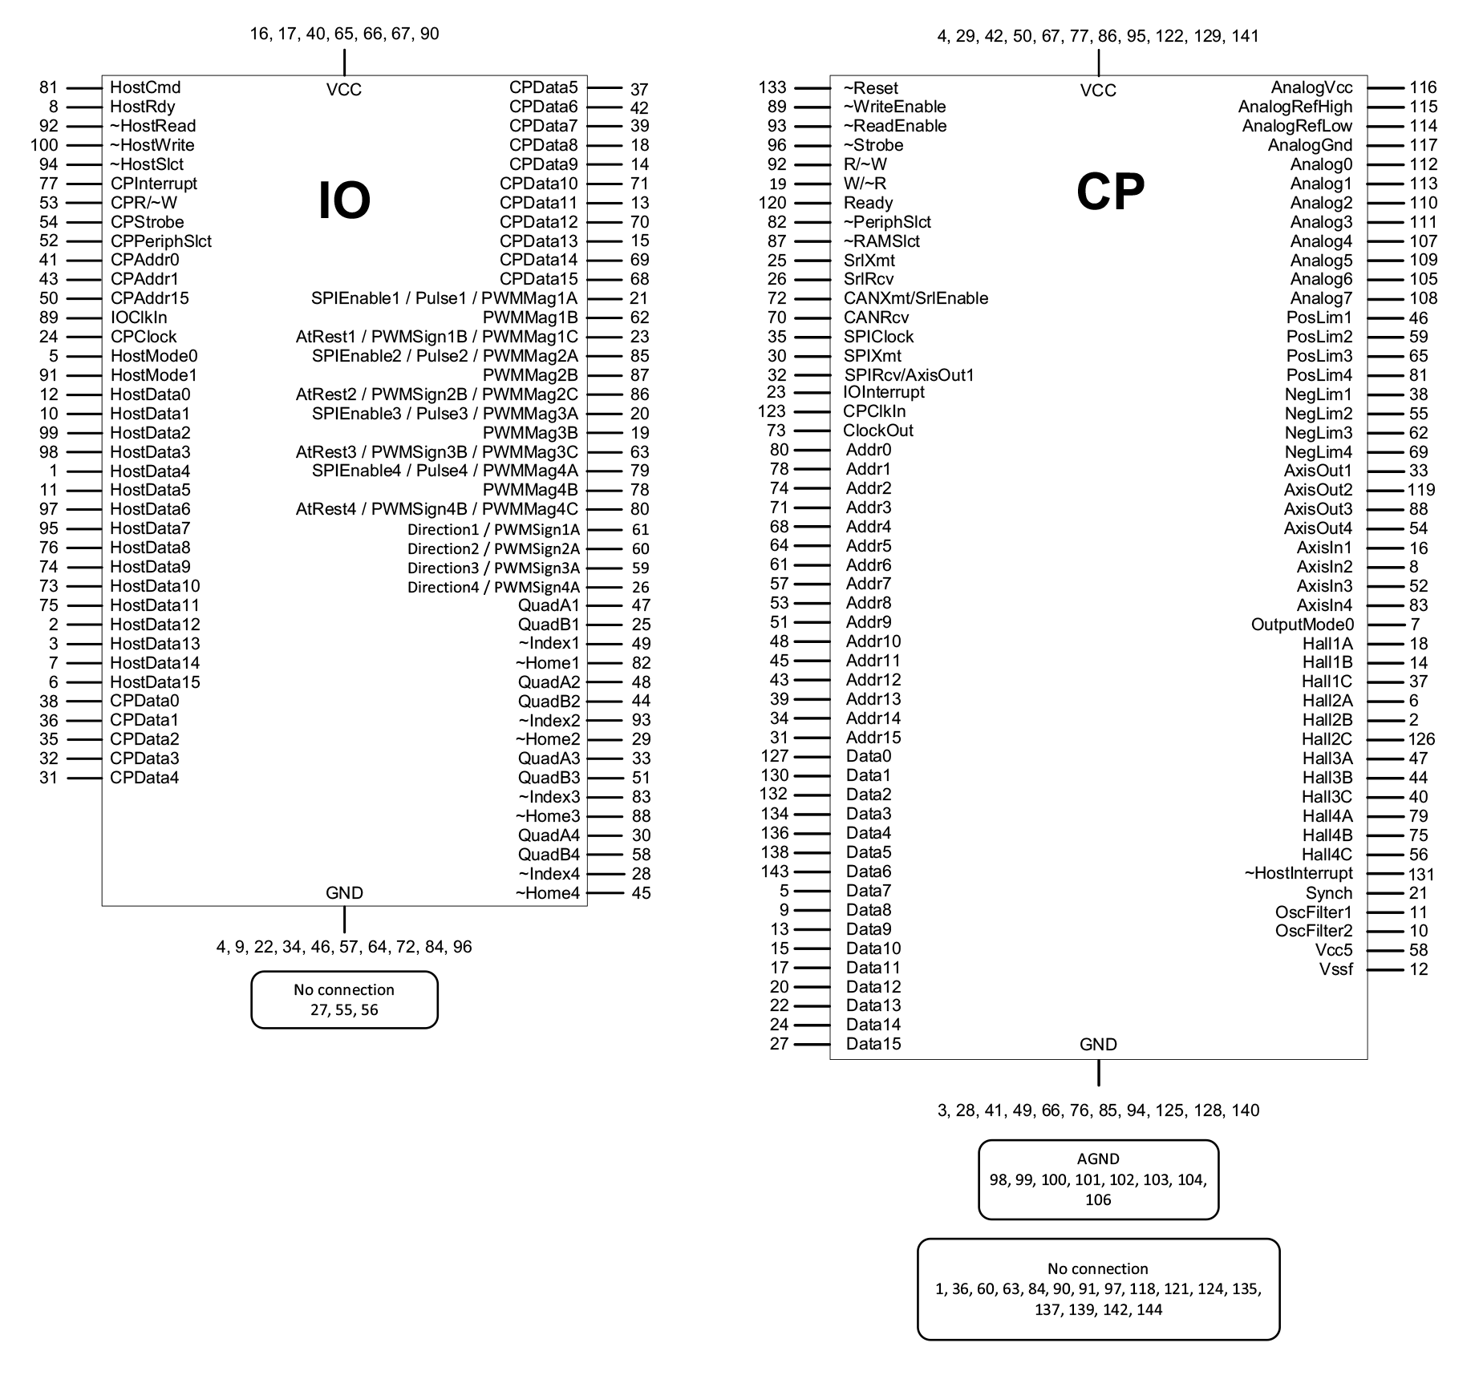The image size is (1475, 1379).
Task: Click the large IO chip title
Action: click(x=344, y=200)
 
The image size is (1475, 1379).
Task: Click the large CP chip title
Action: click(x=1109, y=192)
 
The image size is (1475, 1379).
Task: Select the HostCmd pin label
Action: click(x=145, y=87)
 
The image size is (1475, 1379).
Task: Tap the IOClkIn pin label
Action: click(x=139, y=317)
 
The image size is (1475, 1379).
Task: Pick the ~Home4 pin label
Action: click(x=547, y=893)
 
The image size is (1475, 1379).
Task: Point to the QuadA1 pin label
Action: click(x=549, y=605)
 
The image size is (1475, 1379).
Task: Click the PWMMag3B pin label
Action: click(x=530, y=433)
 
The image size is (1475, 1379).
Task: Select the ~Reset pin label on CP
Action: click(x=870, y=88)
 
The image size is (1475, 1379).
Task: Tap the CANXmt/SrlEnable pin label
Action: click(x=915, y=298)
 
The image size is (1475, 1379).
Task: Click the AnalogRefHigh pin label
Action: click(x=1295, y=107)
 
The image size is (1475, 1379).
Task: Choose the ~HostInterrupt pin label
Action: click(x=1298, y=873)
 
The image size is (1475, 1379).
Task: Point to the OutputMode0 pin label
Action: click(x=1302, y=625)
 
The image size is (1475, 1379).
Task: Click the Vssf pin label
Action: click(x=1335, y=969)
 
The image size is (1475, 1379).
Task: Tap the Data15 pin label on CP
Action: click(x=873, y=1044)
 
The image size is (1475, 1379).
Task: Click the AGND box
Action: click(x=1098, y=1179)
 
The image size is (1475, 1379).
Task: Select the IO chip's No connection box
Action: click(x=344, y=1000)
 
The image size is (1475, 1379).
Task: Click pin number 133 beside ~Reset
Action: click(x=772, y=87)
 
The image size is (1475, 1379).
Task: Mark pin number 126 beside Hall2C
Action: click(x=1421, y=739)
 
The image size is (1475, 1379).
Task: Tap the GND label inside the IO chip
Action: click(x=344, y=893)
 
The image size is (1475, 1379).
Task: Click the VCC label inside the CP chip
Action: click(x=1098, y=91)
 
